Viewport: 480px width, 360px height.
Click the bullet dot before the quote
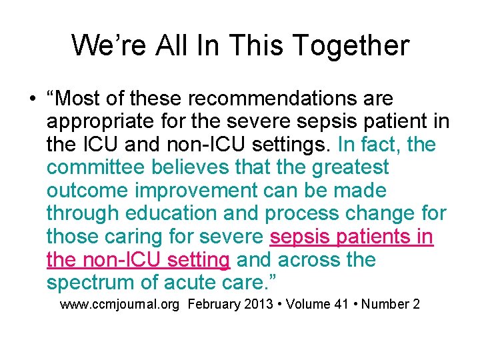click(x=32, y=99)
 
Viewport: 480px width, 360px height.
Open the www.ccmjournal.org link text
click(x=122, y=305)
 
